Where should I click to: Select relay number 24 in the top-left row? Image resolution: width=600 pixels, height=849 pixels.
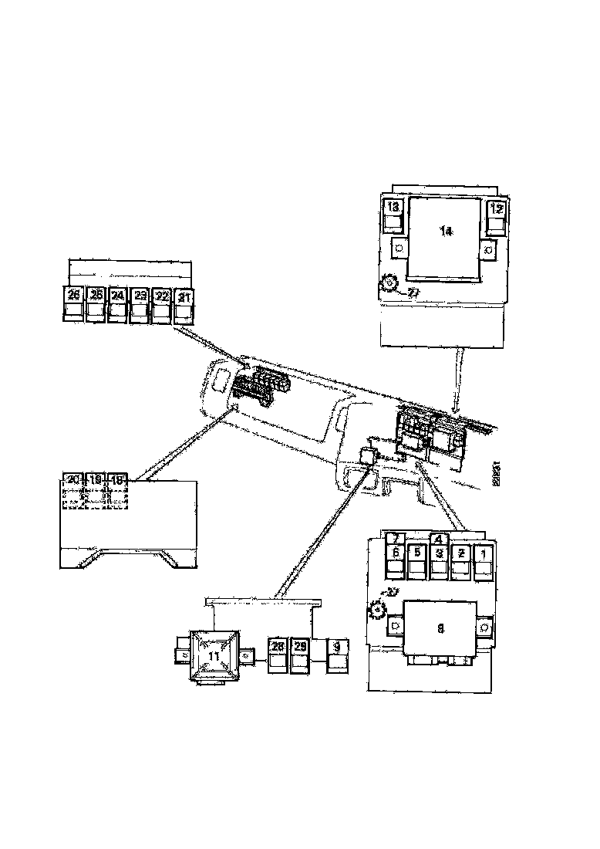pos(117,303)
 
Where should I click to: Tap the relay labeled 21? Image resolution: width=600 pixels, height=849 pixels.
pos(184,303)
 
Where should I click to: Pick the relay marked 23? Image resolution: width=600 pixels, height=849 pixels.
pos(140,303)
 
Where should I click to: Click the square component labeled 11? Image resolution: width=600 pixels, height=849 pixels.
pos(213,656)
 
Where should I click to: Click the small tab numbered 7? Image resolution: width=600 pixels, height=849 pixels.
pos(394,539)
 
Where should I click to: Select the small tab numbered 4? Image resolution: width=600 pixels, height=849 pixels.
pos(438,539)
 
